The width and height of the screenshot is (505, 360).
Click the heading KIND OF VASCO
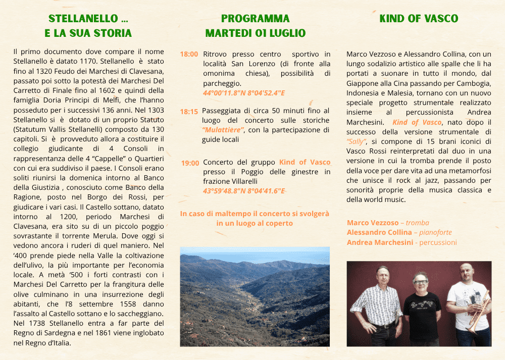419,19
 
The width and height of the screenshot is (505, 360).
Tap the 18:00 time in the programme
189,54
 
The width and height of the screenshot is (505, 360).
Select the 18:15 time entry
189,112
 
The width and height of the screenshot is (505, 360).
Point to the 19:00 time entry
190,163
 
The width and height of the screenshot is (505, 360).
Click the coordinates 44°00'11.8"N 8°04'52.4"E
244,93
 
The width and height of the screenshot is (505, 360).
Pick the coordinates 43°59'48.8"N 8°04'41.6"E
244,191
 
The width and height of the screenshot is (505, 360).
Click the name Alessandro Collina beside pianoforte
379,232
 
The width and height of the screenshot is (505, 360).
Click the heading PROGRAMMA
255,19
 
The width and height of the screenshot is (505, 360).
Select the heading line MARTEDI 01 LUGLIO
255,33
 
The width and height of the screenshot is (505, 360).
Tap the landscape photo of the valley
255,296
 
